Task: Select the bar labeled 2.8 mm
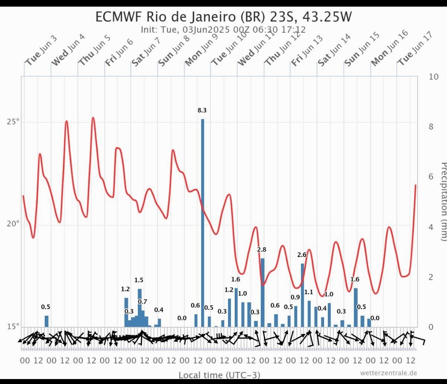(x=262, y=292)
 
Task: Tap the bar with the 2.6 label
(x=303, y=295)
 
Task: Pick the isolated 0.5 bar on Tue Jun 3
(x=47, y=321)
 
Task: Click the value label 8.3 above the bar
(x=202, y=110)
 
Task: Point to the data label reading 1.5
(x=139, y=280)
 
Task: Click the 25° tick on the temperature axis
(x=13, y=122)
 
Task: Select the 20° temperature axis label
(x=13, y=224)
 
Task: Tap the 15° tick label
(x=13, y=326)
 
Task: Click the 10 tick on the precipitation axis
(x=434, y=77)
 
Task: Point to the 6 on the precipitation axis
(x=431, y=177)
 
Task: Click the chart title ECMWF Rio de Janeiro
(x=224, y=17)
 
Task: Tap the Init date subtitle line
(x=223, y=30)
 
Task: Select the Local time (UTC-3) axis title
(x=219, y=375)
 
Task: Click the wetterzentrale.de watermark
(x=389, y=373)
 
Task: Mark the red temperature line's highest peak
(x=93, y=118)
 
